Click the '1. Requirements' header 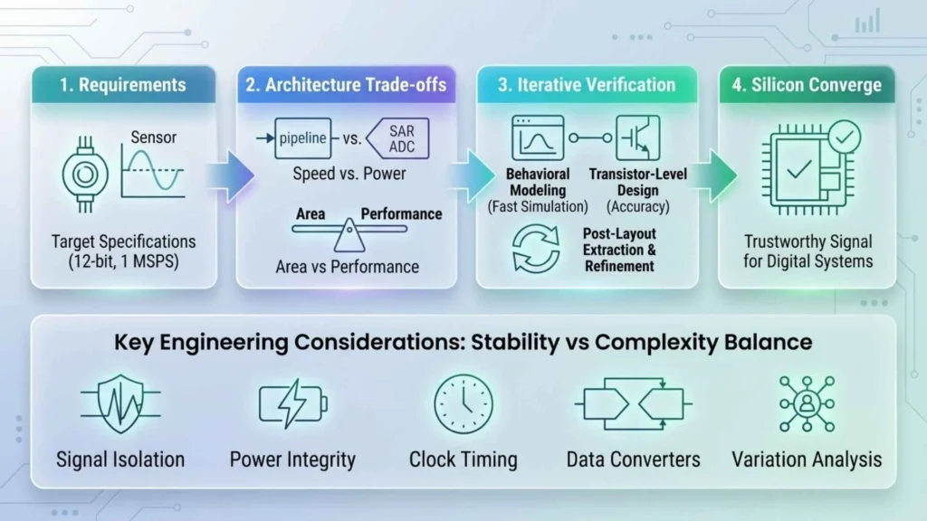[123, 85]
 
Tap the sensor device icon [85, 175]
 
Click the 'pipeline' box [302, 138]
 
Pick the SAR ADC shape [398, 138]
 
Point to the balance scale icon [349, 234]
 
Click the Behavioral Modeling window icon [538, 137]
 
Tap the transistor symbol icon [638, 137]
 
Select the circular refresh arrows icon [536, 249]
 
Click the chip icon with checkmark [811, 167]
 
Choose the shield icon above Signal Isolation [120, 403]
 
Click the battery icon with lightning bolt [293, 403]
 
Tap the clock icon [463, 404]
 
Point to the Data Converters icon [633, 403]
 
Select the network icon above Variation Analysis [807, 404]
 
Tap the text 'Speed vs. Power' [349, 174]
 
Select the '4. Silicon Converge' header [807, 85]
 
